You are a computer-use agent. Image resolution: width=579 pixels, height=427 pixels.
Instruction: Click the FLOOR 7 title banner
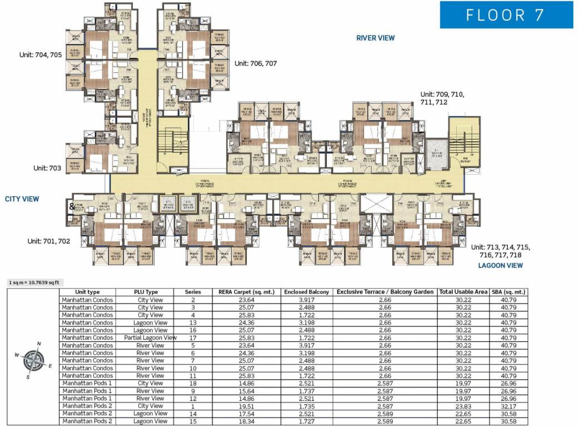[x=506, y=14]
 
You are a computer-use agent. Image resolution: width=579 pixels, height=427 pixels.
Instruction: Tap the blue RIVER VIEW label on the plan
[x=376, y=38]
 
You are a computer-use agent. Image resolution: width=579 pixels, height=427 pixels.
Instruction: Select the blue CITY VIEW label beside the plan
[x=22, y=198]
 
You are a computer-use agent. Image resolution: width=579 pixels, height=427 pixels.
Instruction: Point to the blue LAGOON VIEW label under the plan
[x=501, y=265]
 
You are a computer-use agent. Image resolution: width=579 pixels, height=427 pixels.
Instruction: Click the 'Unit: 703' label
[x=47, y=167]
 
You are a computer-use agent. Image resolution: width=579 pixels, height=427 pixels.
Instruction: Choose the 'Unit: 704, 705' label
[x=40, y=54]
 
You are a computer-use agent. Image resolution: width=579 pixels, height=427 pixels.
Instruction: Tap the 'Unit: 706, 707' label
[x=256, y=63]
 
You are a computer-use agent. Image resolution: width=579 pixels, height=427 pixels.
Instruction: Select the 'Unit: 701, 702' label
[x=49, y=241]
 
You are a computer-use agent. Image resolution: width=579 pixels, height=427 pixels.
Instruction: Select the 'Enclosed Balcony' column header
[x=307, y=292]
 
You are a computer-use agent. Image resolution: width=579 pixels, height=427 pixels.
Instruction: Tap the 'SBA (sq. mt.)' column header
[x=509, y=292]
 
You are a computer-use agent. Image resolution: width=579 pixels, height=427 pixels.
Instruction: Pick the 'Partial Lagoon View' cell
[x=151, y=337]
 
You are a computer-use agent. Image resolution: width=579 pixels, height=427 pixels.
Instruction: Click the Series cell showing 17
[x=193, y=337]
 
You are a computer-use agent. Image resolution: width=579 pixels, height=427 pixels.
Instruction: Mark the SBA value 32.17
[x=509, y=406]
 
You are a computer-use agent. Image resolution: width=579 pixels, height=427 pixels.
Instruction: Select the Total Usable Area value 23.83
[x=463, y=406]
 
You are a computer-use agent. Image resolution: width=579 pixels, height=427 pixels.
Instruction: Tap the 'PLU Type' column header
[x=146, y=292]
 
